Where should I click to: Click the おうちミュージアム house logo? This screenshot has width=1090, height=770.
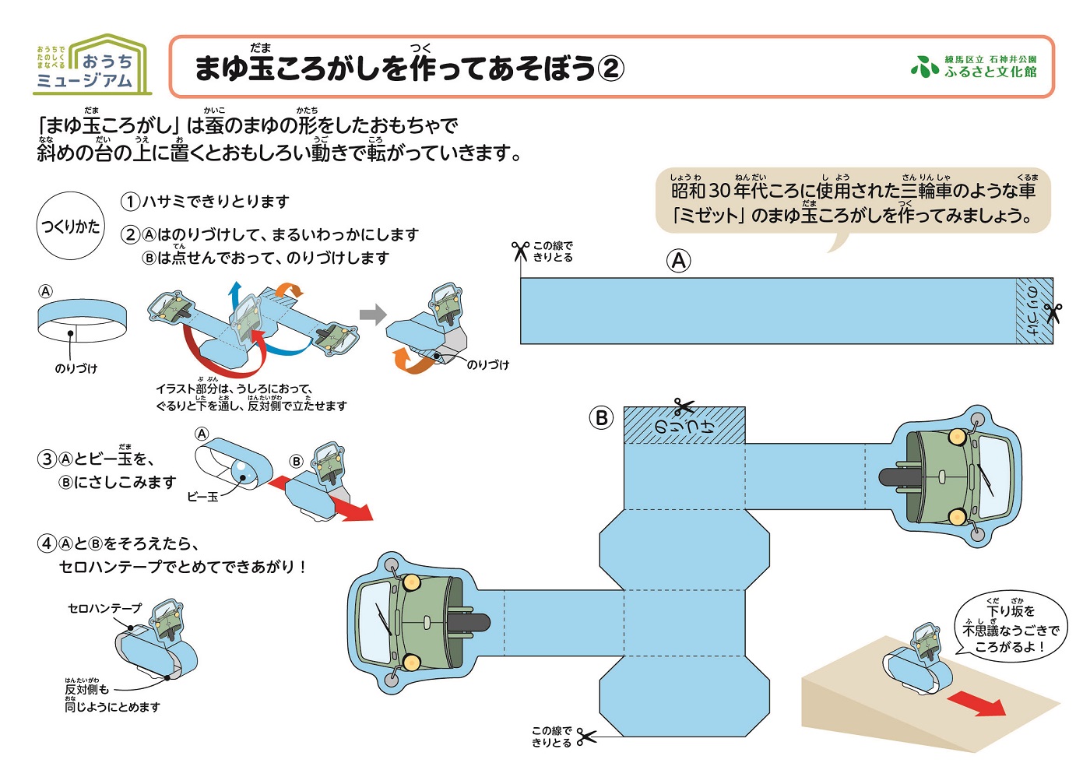click(91, 65)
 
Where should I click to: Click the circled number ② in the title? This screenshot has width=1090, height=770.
click(610, 69)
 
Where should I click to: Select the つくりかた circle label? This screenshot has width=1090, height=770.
click(71, 226)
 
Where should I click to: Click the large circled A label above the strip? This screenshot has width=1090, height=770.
click(679, 261)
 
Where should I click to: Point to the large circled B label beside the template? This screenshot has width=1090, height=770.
click(601, 418)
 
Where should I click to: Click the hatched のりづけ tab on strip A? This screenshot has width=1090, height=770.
click(1034, 311)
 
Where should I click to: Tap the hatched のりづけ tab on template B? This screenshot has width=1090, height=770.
click(684, 426)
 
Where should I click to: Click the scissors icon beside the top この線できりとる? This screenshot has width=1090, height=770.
click(520, 250)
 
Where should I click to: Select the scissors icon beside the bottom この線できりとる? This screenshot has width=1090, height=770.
click(586, 735)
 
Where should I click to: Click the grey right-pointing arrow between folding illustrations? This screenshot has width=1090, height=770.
click(373, 315)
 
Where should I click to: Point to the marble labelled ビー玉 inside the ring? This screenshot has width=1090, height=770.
click(241, 471)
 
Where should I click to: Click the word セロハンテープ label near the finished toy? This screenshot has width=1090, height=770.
click(105, 608)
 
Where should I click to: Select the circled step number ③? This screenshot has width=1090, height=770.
click(47, 459)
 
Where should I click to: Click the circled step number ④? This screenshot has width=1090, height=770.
click(47, 543)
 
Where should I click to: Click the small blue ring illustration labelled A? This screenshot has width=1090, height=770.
click(82, 321)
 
